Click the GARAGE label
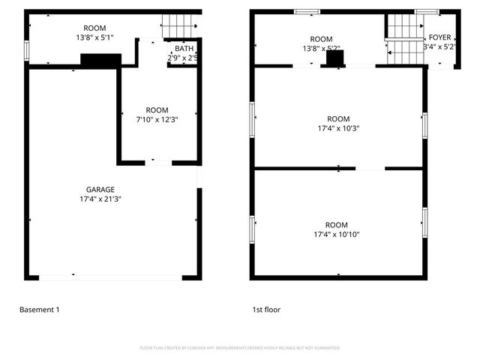click(x=100, y=190)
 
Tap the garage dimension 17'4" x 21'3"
click(x=100, y=199)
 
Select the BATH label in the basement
click(x=184, y=49)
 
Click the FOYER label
click(x=439, y=37)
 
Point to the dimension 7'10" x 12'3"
click(x=157, y=119)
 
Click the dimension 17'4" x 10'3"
click(x=338, y=128)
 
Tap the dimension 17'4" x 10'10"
click(x=337, y=235)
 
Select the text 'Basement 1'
click(x=39, y=309)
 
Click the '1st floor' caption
click(x=266, y=309)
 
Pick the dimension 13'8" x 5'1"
click(x=95, y=37)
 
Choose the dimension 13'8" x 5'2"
click(x=321, y=49)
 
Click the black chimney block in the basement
click(x=100, y=61)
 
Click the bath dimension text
click(x=182, y=58)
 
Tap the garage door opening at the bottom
click(x=110, y=277)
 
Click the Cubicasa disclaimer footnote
click(x=240, y=348)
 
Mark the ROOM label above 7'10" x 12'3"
click(x=157, y=109)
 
